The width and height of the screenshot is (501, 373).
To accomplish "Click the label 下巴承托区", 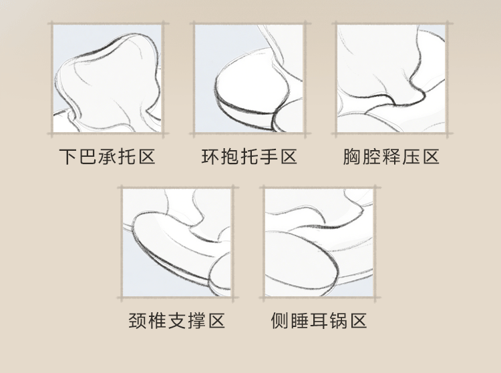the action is (x=107, y=157).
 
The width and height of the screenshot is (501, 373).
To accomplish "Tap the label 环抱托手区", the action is (x=249, y=157).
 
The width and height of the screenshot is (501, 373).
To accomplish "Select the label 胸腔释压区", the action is (x=391, y=157).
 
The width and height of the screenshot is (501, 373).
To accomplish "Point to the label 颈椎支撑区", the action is (x=177, y=320).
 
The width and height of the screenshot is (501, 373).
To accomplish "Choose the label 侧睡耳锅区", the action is (x=319, y=320).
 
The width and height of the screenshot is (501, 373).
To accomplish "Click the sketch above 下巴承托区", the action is (x=107, y=79).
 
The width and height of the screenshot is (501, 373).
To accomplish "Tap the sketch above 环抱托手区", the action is (x=249, y=79).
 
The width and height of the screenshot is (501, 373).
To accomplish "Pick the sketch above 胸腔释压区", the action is (x=391, y=79).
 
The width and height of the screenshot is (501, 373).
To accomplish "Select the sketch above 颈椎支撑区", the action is (x=177, y=242).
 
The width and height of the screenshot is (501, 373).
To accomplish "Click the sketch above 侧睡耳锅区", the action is (x=319, y=242).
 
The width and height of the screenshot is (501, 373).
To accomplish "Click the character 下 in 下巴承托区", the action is (x=67, y=157).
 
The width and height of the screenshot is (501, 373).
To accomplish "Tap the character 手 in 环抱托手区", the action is (x=269, y=157).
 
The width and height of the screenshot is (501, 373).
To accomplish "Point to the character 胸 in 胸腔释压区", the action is (x=351, y=157).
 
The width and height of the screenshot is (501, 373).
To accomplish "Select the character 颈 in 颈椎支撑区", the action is (x=137, y=320).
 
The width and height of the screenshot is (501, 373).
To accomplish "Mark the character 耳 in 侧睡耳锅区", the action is (x=319, y=320).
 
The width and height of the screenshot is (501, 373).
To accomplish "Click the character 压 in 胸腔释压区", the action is (x=411, y=157).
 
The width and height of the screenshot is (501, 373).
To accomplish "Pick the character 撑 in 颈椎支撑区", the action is (x=196, y=320).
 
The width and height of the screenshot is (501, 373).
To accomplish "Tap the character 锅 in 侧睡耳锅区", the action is (x=339, y=320).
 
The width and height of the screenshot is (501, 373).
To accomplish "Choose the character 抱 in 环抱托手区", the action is (x=229, y=157).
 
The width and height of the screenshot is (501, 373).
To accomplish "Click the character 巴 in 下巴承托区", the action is (x=88, y=157).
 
